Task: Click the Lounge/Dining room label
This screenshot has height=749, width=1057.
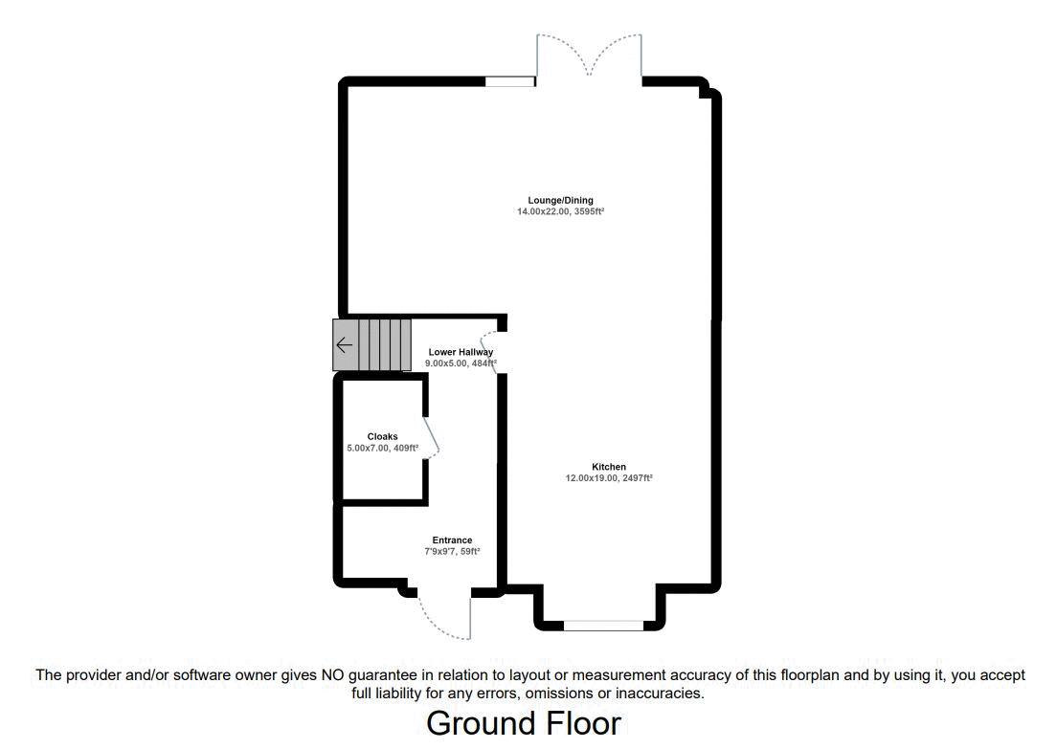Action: coord(560,200)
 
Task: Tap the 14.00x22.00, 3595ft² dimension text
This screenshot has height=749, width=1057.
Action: coord(560,211)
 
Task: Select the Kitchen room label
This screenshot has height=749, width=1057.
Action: coord(608,467)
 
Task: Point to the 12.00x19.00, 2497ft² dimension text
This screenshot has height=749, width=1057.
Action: coord(608,478)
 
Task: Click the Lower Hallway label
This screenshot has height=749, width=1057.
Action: coord(461,352)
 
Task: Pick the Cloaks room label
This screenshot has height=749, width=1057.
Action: coord(382,436)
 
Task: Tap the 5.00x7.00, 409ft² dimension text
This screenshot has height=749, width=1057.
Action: coord(382,448)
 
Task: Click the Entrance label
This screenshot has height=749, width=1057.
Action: coord(452,540)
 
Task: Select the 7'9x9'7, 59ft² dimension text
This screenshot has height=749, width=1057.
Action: coord(452,552)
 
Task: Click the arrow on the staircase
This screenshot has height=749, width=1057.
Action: coord(344,344)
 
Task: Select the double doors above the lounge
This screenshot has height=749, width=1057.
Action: coord(589,55)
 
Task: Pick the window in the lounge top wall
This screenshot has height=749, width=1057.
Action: coord(509,82)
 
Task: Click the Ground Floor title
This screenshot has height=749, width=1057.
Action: coord(524,723)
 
